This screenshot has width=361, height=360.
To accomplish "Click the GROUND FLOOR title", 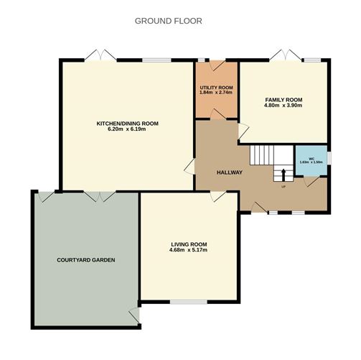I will coord(168,21).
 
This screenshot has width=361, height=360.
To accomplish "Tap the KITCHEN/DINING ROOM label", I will coord(127,124).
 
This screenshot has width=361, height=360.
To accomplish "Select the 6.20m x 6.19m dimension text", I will coord(127,131).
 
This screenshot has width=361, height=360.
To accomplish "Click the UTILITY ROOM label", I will coord(217,88).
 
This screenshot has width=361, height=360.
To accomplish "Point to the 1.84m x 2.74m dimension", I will coord(217,93).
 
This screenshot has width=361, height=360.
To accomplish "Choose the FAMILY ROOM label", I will coord(283,100).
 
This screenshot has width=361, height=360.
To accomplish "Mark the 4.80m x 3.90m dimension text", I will coord(283,106).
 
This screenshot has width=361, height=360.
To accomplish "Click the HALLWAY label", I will coord(229,172).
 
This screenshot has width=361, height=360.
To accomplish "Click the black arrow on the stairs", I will coord(282,174).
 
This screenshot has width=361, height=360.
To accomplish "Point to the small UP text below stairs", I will coord(283,186).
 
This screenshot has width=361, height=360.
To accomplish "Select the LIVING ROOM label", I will coord(189,244).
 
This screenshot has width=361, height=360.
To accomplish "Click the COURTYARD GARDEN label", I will coord(86,259).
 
